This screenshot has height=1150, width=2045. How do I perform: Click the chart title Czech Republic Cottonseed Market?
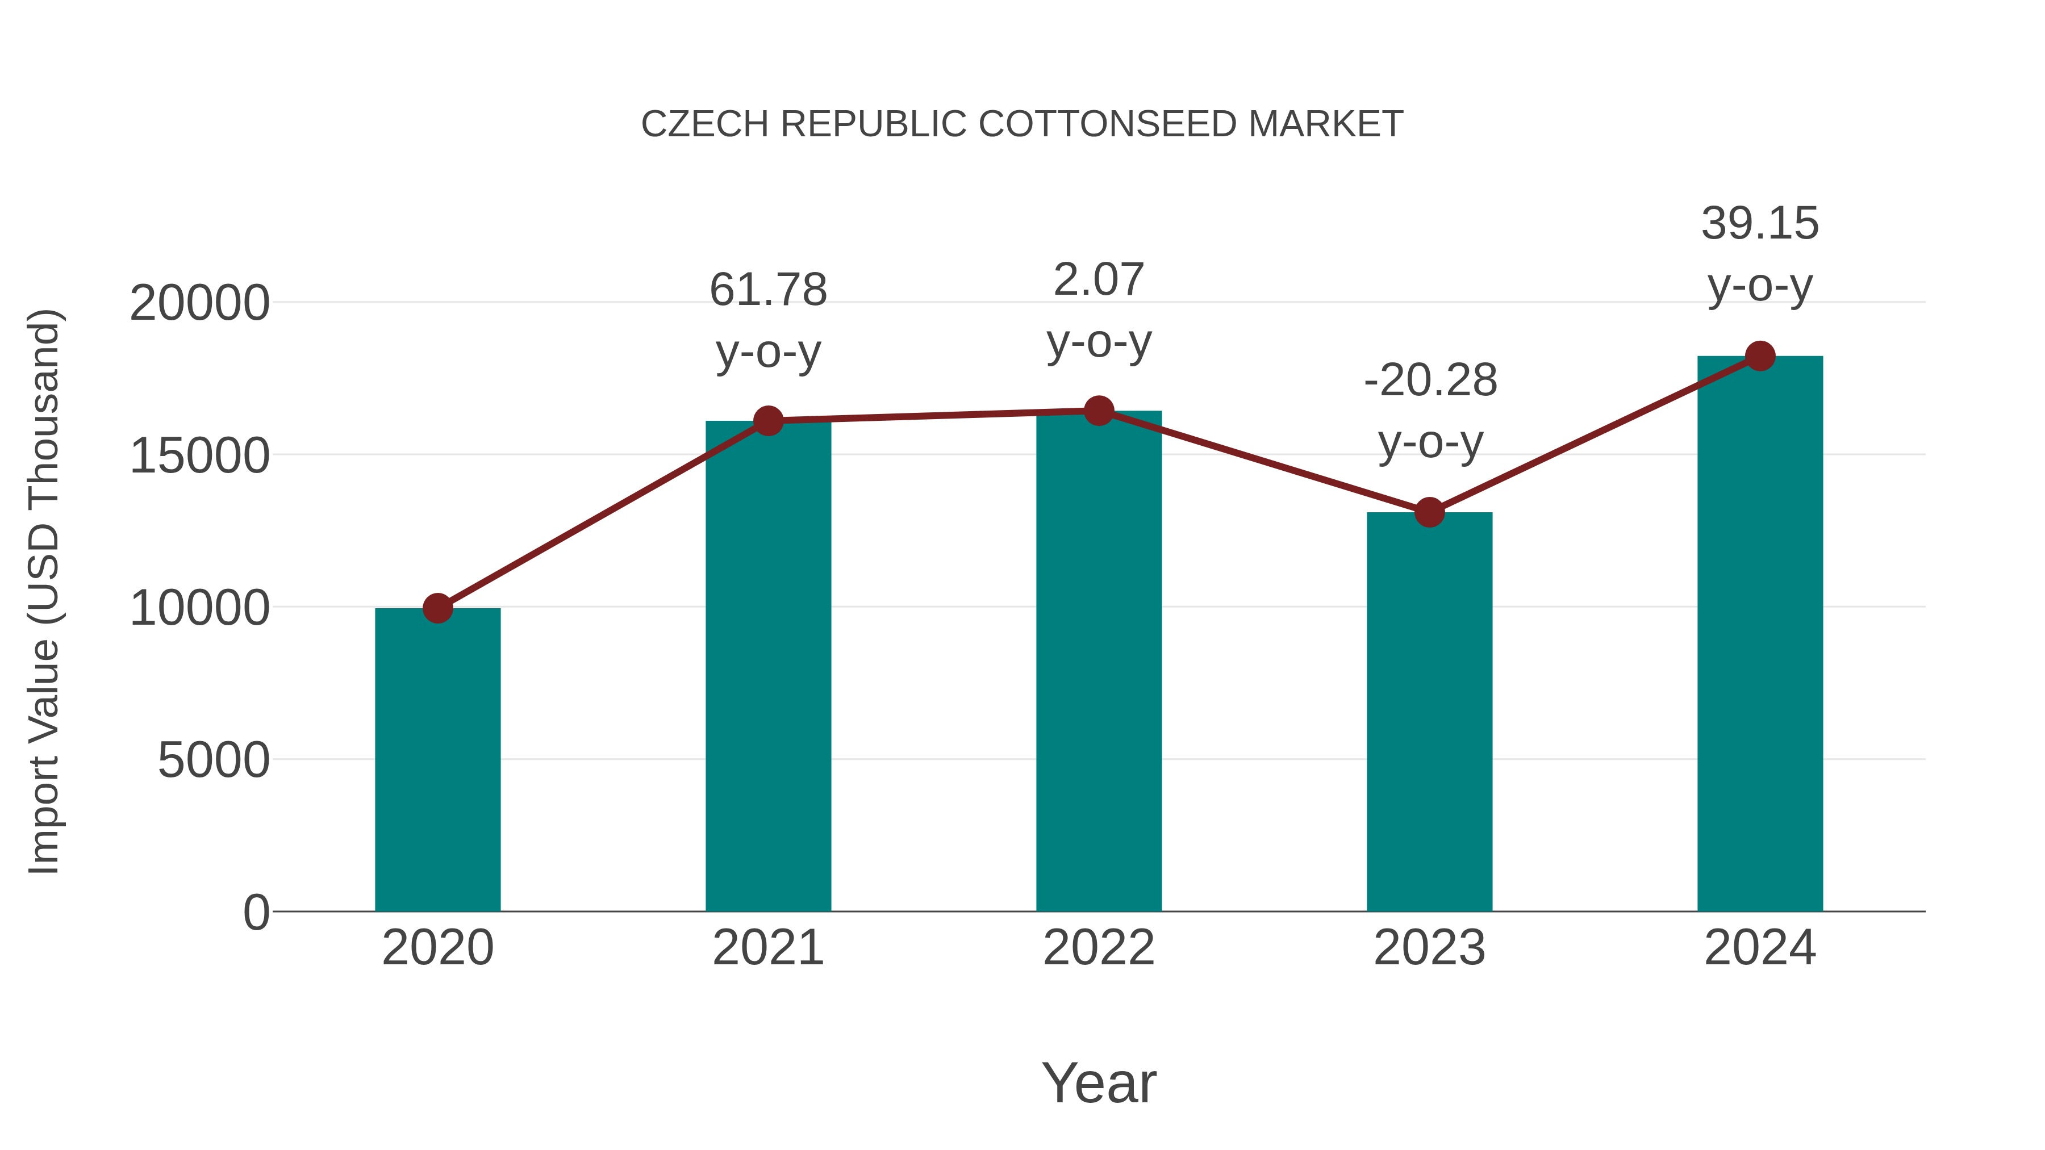[x=1022, y=124]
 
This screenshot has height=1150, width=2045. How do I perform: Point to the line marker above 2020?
[x=437, y=609]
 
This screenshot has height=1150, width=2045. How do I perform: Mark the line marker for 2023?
[x=1429, y=513]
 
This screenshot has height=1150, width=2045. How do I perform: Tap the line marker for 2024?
[x=1760, y=356]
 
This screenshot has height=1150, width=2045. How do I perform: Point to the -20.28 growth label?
[x=1430, y=411]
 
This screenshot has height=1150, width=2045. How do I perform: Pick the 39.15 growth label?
[x=1760, y=253]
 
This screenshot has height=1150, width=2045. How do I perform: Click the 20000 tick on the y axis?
[x=199, y=303]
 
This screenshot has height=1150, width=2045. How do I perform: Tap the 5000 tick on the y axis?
[x=214, y=760]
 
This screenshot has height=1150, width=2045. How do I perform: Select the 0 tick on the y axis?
[x=256, y=913]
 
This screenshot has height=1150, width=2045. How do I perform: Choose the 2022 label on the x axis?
[x=1099, y=948]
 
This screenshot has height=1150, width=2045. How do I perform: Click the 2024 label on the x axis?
[x=1760, y=948]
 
